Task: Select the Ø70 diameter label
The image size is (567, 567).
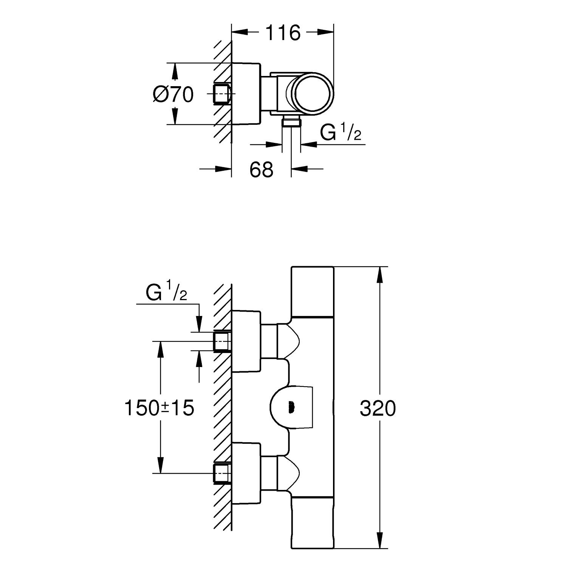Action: (x=173, y=94)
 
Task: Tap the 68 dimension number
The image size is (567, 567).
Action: (x=261, y=170)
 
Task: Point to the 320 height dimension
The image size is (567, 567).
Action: (x=378, y=409)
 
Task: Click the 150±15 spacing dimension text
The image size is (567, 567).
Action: (x=159, y=408)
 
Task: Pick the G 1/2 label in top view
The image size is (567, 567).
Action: (x=340, y=133)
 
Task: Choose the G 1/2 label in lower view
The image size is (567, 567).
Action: (x=166, y=293)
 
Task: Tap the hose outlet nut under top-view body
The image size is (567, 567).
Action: (x=291, y=121)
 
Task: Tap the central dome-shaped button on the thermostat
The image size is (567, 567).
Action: (x=291, y=407)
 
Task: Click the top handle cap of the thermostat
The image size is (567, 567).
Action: (x=312, y=291)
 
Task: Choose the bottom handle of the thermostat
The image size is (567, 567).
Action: (x=312, y=524)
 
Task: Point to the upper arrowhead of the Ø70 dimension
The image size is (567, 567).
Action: (x=175, y=71)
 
